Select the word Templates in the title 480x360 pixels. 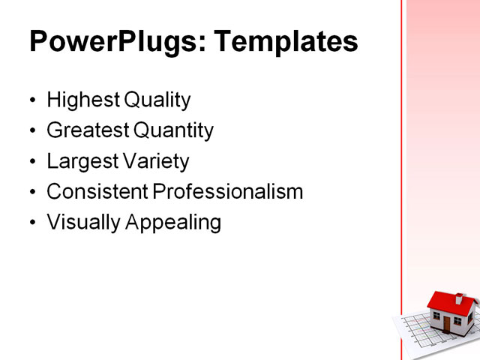pos(286,42)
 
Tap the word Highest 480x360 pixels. pos(77,100)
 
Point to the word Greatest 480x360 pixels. pos(87,131)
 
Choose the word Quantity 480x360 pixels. pos(173,131)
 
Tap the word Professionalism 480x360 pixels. pos(228,192)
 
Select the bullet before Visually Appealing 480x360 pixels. pos(31,223)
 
